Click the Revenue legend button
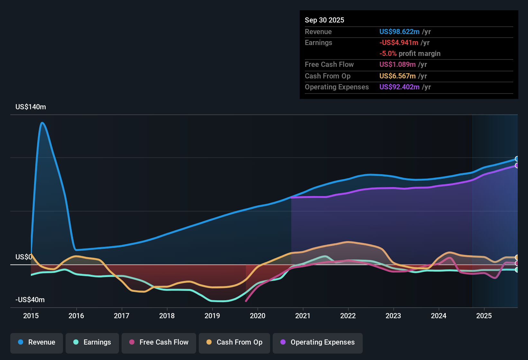pyautogui.click(x=37, y=342)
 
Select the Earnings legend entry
pyautogui.click(x=92, y=342)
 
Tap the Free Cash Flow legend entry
pyautogui.click(x=159, y=342)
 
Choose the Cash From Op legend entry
pyautogui.click(x=234, y=342)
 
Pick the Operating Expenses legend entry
pyautogui.click(x=318, y=342)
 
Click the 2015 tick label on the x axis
pyautogui.click(x=31, y=316)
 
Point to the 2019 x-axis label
pyautogui.click(x=212, y=316)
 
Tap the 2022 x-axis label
pyautogui.click(x=348, y=316)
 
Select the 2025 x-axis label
pyautogui.click(x=484, y=316)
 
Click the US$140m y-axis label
pyautogui.click(x=31, y=107)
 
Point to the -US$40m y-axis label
pyautogui.click(x=30, y=300)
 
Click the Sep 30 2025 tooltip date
pyautogui.click(x=324, y=20)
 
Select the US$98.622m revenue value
pyautogui.click(x=399, y=32)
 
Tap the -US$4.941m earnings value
pyautogui.click(x=399, y=43)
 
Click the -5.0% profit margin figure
pyautogui.click(x=388, y=54)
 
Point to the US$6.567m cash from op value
pyautogui.click(x=397, y=76)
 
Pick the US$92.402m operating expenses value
pyautogui.click(x=399, y=87)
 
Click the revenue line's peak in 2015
pyautogui.click(x=42, y=123)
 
